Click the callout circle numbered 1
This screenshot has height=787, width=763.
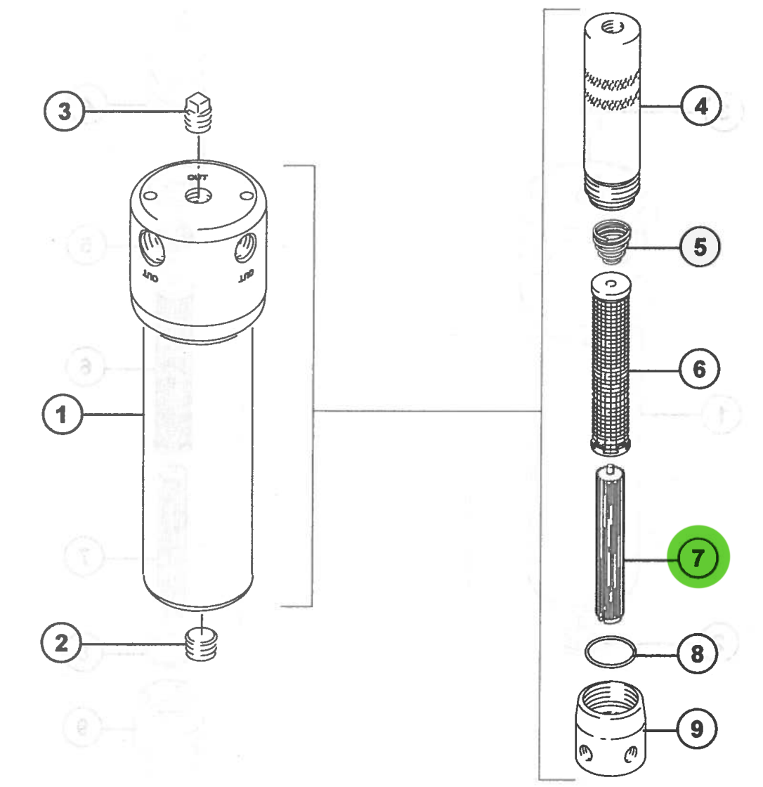[63, 414]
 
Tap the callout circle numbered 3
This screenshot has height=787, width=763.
[65, 111]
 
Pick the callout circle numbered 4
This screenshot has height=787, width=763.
[700, 108]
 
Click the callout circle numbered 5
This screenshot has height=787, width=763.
[699, 247]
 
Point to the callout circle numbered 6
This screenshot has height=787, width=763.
[700, 369]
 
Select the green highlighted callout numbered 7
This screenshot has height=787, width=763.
[699, 559]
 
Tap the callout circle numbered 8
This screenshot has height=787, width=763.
[697, 654]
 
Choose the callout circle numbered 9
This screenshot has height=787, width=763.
[697, 729]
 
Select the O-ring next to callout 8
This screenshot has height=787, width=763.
[609, 651]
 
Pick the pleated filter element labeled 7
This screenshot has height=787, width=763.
[610, 545]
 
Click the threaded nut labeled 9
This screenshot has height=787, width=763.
[611, 731]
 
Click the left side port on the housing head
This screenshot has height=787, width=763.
[150, 247]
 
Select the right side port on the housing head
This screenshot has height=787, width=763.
[247, 247]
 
